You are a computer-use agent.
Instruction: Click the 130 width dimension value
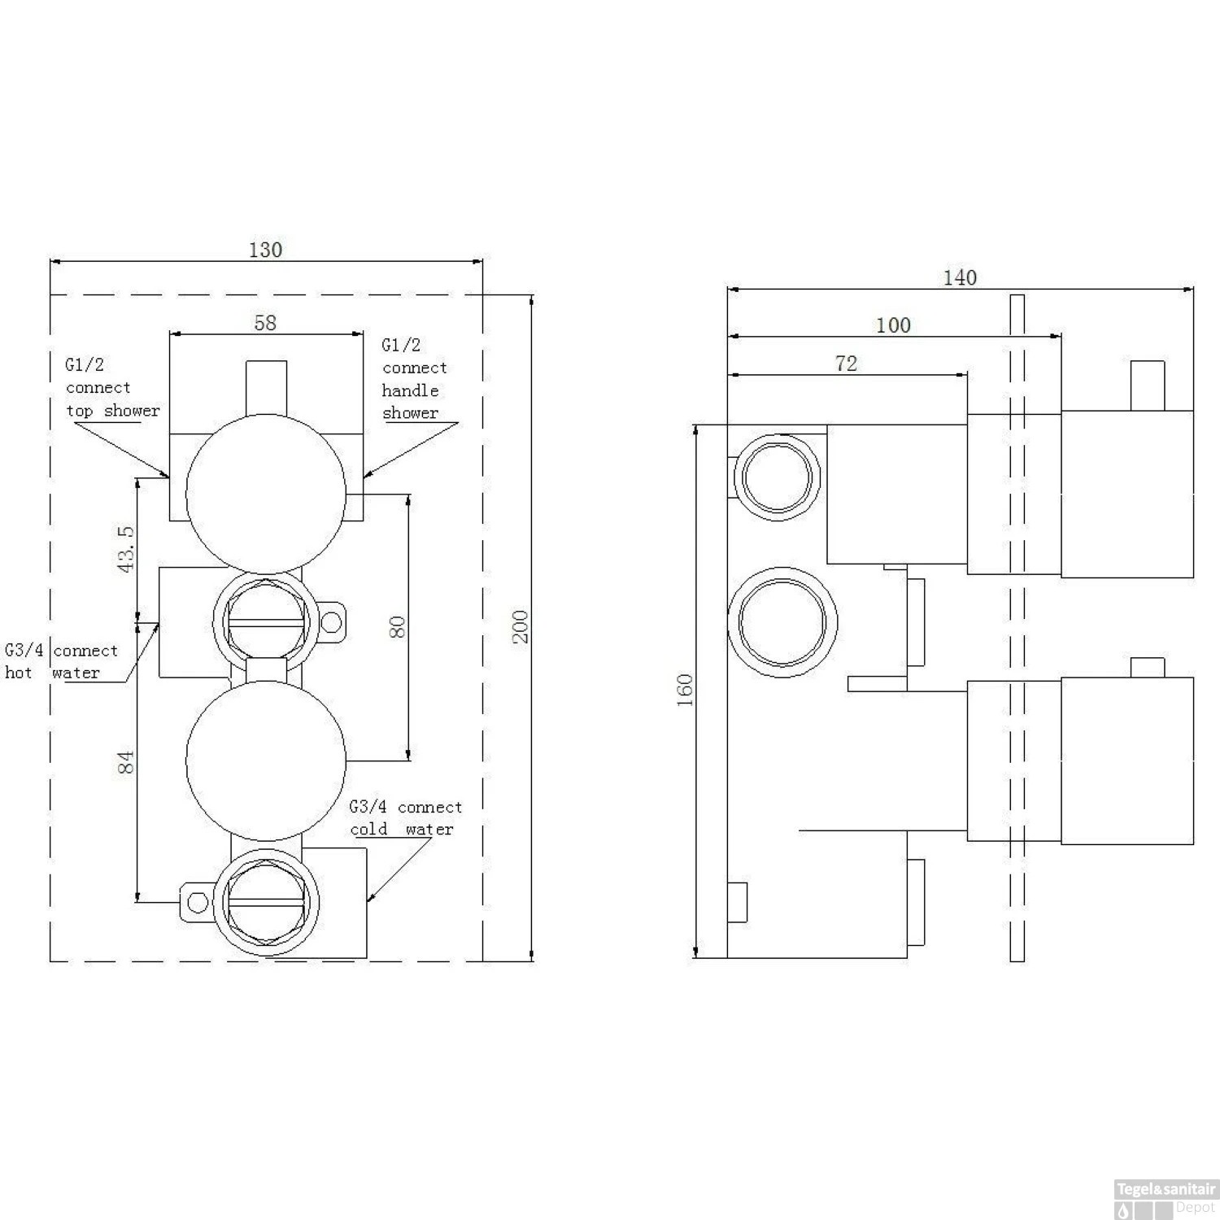click(265, 250)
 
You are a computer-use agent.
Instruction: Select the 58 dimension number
click(265, 323)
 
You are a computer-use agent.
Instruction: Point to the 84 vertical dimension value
click(126, 762)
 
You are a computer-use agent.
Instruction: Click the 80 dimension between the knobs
click(397, 627)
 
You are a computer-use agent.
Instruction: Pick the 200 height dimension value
click(521, 626)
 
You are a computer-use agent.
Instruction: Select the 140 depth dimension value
click(959, 277)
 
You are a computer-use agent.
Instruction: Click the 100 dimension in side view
click(892, 325)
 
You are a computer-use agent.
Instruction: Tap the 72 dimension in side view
click(846, 364)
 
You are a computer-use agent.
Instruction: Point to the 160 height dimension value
click(685, 690)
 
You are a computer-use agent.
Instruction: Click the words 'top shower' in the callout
click(112, 411)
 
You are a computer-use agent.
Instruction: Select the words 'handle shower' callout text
click(411, 402)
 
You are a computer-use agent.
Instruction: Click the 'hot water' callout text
click(52, 673)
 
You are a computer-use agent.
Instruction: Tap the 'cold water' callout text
click(402, 829)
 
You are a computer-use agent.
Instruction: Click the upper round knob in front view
click(266, 491)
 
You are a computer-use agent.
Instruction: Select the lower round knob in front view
click(266, 761)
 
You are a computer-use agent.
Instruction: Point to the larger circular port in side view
click(782, 622)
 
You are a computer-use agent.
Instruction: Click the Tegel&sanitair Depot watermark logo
click(1166, 1199)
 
